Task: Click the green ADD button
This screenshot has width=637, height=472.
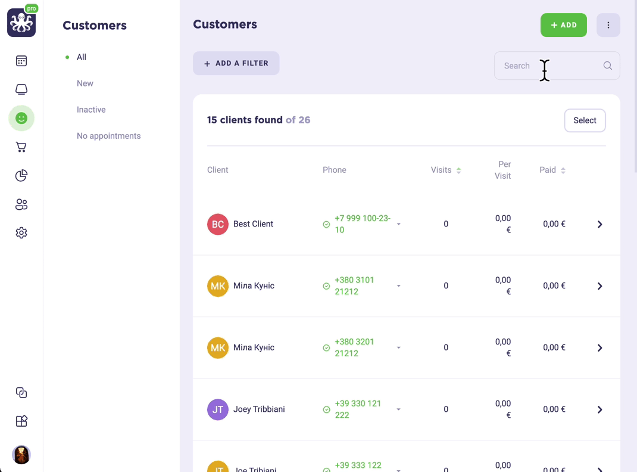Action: point(563,25)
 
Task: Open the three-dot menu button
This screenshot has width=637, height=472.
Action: point(608,25)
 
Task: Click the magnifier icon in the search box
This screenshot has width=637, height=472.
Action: point(608,66)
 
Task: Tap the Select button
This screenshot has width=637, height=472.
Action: point(585,120)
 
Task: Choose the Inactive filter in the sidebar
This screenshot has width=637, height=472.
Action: point(91,110)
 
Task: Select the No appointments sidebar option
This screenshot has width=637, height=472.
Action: point(108,136)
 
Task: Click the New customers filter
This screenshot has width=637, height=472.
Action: point(85,83)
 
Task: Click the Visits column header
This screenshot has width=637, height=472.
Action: point(441,170)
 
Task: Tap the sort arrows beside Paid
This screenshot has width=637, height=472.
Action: point(563,170)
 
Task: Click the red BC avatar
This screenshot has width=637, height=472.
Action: point(218,225)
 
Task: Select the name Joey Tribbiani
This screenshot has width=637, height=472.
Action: point(259,409)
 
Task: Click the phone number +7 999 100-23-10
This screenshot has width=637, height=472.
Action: point(363,224)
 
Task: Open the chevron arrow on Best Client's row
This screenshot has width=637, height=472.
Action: point(599,225)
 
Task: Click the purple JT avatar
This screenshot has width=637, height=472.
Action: point(218,409)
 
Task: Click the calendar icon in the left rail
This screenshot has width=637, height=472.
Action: point(21,61)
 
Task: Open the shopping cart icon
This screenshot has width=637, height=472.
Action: point(21,147)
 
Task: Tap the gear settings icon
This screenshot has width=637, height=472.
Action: point(21,233)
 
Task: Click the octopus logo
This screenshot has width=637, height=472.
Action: point(21,23)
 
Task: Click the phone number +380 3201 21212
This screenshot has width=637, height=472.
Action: point(354,347)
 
